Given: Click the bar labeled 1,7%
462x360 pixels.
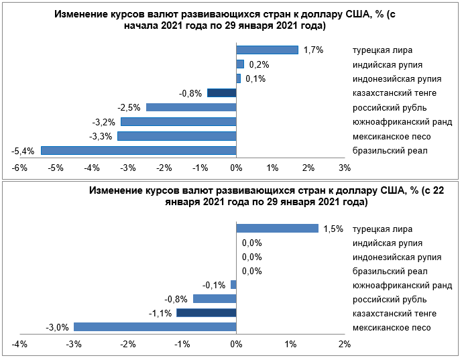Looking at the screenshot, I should point(267,50).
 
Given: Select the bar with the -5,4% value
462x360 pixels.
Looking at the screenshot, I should point(138,150).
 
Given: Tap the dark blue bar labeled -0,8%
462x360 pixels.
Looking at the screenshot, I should point(222,93).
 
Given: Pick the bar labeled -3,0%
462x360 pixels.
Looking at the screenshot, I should point(155,327).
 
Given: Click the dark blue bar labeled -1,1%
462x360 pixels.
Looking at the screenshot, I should point(207,313).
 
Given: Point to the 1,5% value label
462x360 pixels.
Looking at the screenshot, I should point(333,229).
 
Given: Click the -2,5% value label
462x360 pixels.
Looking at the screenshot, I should point(128,107).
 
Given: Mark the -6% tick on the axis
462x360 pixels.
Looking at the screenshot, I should point(19,167).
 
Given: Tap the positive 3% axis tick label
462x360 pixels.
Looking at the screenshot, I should point(345,167).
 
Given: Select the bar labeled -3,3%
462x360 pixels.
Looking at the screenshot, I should point(176,136).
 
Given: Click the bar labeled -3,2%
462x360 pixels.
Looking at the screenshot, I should point(178,122).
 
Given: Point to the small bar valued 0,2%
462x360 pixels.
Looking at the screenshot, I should point(240,64).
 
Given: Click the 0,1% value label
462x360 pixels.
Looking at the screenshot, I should point(255,78).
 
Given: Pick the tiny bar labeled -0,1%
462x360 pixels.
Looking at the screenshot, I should point(233,285).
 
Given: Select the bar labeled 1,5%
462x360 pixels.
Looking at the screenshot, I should point(277,229).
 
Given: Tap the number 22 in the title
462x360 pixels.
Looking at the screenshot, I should point(434,190).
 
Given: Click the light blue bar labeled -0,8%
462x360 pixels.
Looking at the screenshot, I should point(215,299).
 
